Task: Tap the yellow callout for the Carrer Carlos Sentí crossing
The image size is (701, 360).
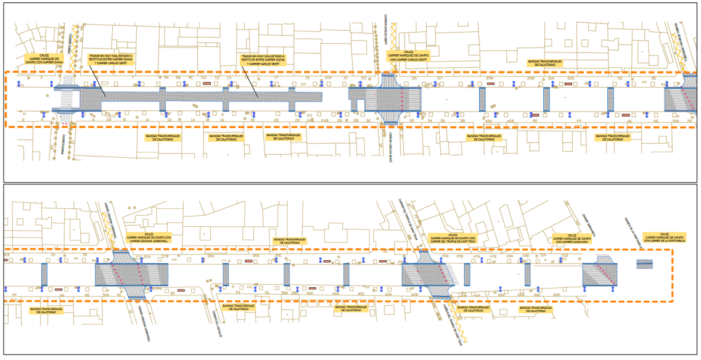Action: [x=408, y=57]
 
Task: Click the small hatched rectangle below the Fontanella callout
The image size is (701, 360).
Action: [x=645, y=264]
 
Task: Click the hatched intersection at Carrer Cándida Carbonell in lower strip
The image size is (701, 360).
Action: [x=132, y=274]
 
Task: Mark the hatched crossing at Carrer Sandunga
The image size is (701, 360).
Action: [x=601, y=274]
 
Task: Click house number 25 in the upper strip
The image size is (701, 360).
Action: [x=415, y=79]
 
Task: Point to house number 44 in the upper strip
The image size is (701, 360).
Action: [x=578, y=121]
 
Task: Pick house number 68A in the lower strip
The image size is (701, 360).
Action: [x=556, y=295]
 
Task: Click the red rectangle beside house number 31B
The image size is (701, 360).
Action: [x=568, y=84]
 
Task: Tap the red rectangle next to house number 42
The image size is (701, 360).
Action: [x=535, y=115]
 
